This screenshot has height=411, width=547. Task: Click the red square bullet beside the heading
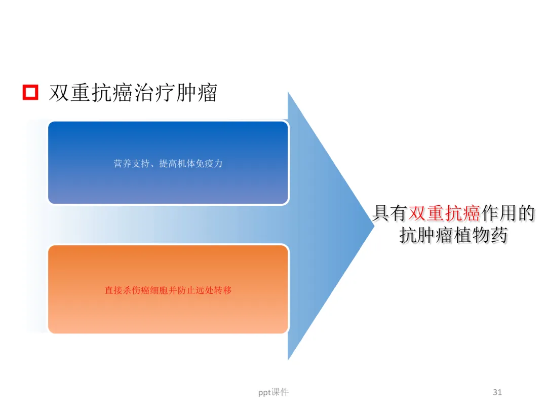tap(30, 92)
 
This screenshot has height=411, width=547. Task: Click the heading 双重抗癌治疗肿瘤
tap(133, 93)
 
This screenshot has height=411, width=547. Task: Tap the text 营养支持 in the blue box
tap(130, 164)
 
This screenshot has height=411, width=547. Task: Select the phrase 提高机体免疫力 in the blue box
tap(191, 164)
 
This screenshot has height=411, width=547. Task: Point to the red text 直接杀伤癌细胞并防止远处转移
tap(168, 290)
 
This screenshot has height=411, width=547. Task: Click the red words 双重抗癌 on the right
tap(444, 214)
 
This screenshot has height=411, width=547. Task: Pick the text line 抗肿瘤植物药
tap(453, 236)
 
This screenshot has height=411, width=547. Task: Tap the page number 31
tap(497, 392)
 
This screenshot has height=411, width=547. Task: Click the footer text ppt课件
tap(273, 392)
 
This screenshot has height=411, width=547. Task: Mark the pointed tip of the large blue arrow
tap(373, 226)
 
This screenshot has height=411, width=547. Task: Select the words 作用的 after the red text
tap(508, 214)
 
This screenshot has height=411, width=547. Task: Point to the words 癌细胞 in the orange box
tap(155, 290)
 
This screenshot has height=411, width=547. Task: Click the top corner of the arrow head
tap(288, 93)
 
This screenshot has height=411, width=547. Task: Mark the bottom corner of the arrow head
tap(288, 359)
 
